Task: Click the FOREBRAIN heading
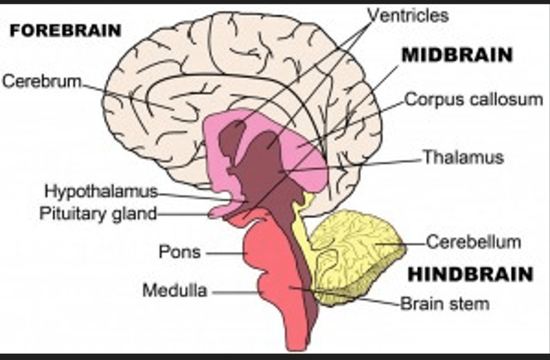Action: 65,30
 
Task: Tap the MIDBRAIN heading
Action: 457,55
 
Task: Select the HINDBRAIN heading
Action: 470,274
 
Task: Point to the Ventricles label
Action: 408,15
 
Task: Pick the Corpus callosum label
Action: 474,100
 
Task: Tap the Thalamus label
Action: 463,157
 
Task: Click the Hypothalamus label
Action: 101,191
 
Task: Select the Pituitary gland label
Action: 97,214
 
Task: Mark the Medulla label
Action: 174,291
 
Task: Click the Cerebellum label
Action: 474,242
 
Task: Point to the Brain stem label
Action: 445,303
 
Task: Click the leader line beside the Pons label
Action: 224,253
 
